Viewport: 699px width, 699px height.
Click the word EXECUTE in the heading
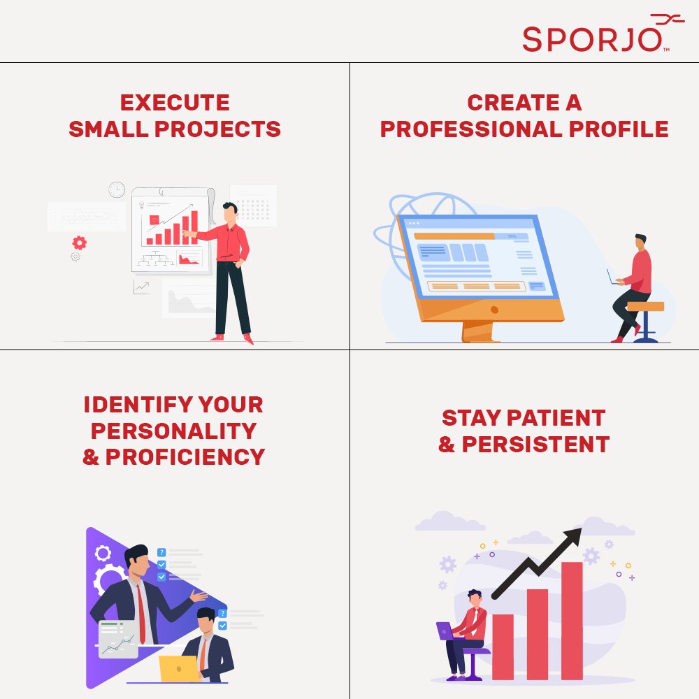pos(175,103)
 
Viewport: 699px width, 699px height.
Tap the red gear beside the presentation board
pos(80,243)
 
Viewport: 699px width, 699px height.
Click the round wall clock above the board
pos(117,189)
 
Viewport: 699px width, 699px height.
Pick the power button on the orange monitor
pos(494,309)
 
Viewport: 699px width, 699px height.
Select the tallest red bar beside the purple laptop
pos(571,620)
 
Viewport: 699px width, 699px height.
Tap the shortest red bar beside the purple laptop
pos(503,646)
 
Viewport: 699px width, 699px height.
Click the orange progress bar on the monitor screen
pos(454,236)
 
